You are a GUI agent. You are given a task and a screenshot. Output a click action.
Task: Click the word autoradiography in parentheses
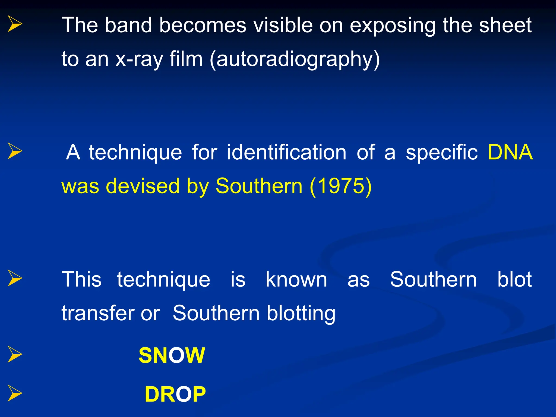coord(295,59)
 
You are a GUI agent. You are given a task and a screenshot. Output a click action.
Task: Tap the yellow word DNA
coord(510,152)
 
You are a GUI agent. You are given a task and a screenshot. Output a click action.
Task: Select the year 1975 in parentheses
coord(340,186)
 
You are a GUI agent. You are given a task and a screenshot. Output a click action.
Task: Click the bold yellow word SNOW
coord(172,355)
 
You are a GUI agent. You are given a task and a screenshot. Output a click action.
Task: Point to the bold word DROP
coord(175,394)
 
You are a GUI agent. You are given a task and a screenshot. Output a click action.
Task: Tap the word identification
coord(287,152)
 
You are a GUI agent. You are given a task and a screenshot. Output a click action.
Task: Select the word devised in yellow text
coord(143,186)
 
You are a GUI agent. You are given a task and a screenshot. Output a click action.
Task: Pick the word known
coord(296,279)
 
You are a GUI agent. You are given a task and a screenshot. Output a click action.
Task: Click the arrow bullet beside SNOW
coord(15,354)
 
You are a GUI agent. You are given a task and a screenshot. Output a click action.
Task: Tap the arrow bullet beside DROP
coord(15,393)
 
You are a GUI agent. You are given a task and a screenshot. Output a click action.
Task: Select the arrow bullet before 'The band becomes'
coord(15,24)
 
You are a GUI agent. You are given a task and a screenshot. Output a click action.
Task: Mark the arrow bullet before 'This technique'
coord(15,278)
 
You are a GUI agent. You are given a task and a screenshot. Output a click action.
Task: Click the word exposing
coord(392,25)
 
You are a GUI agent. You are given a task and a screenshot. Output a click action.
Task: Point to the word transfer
coord(98,313)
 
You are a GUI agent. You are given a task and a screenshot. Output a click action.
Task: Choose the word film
coord(186,59)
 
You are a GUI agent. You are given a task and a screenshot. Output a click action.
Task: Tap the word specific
coord(442,152)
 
